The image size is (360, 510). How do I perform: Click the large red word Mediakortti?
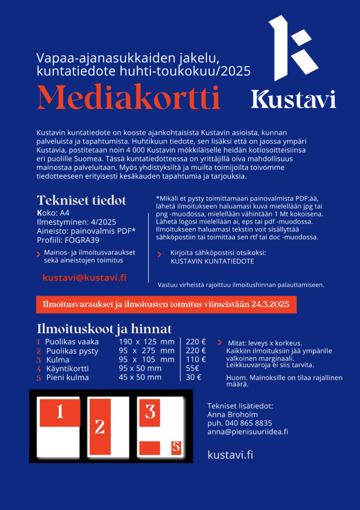pos(129,98)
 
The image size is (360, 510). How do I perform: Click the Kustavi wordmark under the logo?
pos(293,99)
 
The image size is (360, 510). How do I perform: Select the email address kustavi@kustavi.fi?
pos(84,277)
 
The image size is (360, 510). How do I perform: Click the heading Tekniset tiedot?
pos(82,200)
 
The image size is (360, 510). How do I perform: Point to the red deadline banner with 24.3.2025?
pos(166,304)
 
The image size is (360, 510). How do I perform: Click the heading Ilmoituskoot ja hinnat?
pos(104,329)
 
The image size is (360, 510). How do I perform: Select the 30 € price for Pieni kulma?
pos(193,378)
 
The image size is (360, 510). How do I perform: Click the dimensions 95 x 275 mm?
pos(147,351)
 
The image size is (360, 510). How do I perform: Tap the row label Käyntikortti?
pos(67,369)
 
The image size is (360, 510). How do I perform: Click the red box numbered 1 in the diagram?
pos(60,412)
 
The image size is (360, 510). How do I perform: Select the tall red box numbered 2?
pos(100,426)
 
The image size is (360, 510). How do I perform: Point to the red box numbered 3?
pos(149,412)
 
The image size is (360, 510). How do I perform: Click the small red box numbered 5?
pos(176,447)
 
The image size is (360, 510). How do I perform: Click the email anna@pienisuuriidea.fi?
pos(248,432)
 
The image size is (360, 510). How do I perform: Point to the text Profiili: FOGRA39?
pos(68,240)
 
